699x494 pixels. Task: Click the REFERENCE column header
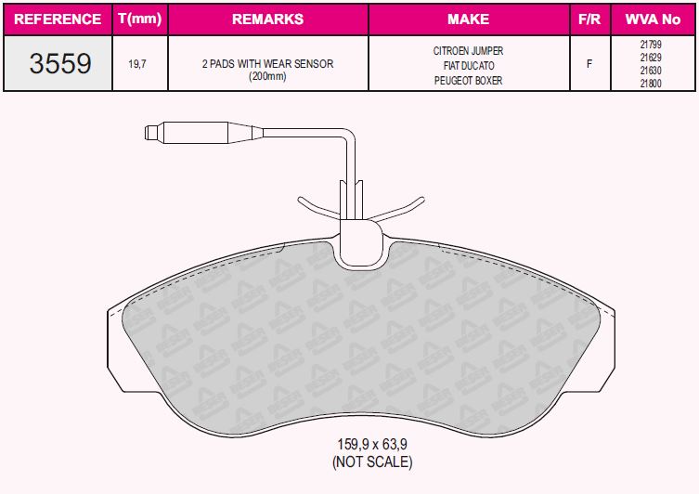[x=58, y=19]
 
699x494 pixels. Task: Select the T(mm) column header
[x=140, y=19]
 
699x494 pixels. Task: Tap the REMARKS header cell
[x=267, y=19]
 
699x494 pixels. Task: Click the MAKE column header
[x=468, y=19]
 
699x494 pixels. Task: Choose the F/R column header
[x=589, y=19]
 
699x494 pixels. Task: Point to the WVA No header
[x=652, y=19]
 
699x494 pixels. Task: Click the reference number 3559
[x=60, y=63]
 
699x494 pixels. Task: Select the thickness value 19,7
[x=138, y=64]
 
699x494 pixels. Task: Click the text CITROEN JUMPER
[x=469, y=51]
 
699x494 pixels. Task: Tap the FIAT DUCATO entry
[x=469, y=66]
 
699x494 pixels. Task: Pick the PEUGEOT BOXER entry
[x=469, y=81]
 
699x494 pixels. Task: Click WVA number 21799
[x=651, y=45]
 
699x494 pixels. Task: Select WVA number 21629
[x=651, y=58]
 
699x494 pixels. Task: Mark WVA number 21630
[x=651, y=71]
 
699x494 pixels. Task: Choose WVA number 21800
[x=651, y=84]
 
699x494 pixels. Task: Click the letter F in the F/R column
[x=589, y=64]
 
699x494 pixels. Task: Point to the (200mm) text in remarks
[x=267, y=76]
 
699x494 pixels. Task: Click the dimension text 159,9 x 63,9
[x=371, y=445]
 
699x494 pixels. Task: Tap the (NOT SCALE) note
[x=371, y=461]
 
